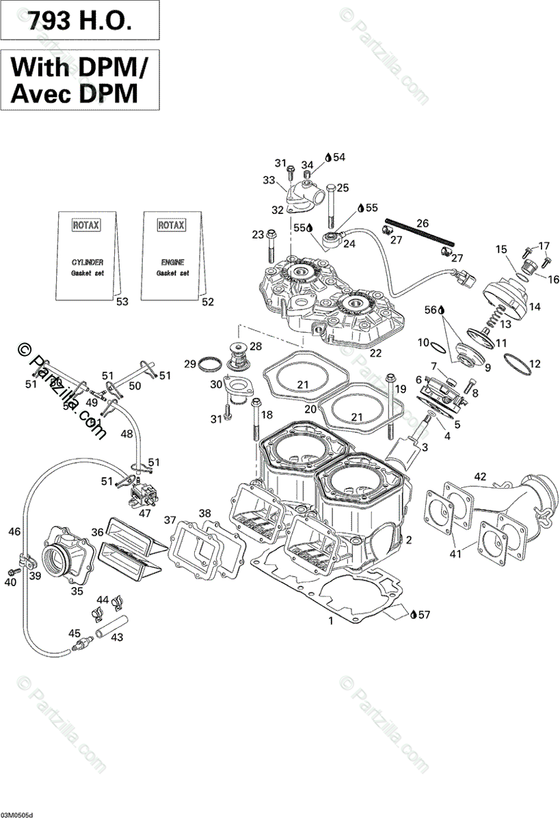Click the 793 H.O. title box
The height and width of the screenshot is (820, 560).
pos(79,22)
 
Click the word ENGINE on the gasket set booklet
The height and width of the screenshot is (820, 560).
pos(172,262)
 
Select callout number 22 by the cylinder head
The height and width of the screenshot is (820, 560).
pos(375,353)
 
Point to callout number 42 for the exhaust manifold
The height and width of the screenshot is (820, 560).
pos(481,476)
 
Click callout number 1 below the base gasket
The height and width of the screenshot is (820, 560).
pos(331,621)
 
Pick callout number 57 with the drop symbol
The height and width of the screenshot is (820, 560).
pos(424,614)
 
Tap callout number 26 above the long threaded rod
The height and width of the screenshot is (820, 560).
pos(423,223)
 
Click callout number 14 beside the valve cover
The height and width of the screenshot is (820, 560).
pos(534,307)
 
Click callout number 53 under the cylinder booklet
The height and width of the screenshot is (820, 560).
pos(122,301)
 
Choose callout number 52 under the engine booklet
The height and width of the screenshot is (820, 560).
pos(207,301)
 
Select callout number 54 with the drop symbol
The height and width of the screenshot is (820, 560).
pos(339,157)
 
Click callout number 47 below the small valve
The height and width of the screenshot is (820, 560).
pos(146,512)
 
